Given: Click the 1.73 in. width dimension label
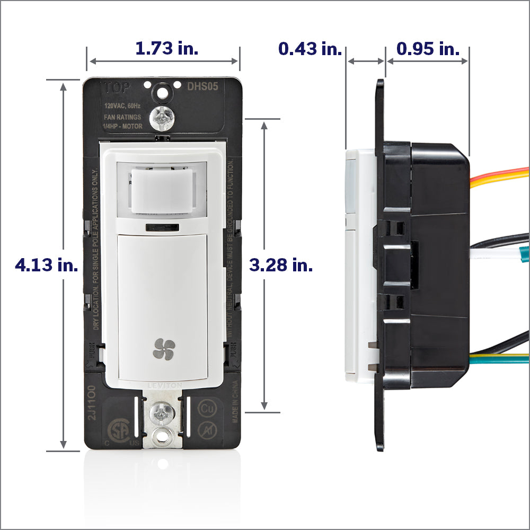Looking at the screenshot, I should click(x=166, y=48).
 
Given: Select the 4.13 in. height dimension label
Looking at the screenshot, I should click(x=47, y=265).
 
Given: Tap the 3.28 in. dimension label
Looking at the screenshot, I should click(x=281, y=265).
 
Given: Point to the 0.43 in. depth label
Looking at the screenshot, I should click(x=310, y=49).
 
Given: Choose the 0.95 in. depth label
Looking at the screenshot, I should click(x=428, y=49).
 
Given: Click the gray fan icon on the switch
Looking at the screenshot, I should click(x=163, y=349).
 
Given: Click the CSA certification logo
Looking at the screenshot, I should click(x=118, y=430).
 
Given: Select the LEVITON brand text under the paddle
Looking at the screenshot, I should click(x=163, y=384).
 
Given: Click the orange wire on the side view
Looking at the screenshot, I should click(x=498, y=173).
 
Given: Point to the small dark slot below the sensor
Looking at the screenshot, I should click(x=162, y=228).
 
